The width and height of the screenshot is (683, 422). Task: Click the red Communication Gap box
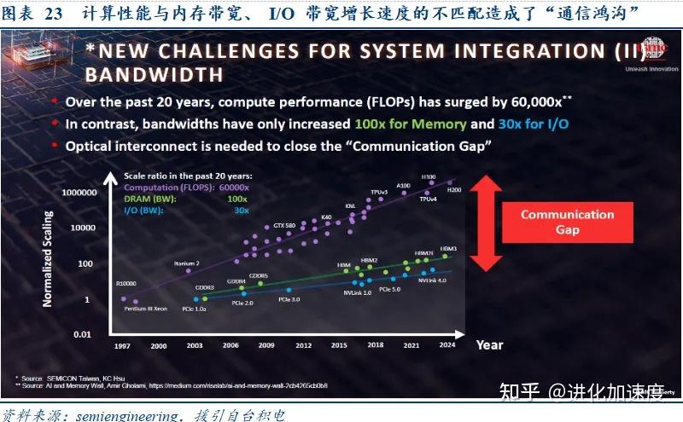568,223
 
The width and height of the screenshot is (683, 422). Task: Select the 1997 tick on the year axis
123,344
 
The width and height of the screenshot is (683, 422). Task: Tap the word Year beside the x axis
489,344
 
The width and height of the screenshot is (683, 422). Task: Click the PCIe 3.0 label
289,300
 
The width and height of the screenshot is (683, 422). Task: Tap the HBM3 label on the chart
448,249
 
